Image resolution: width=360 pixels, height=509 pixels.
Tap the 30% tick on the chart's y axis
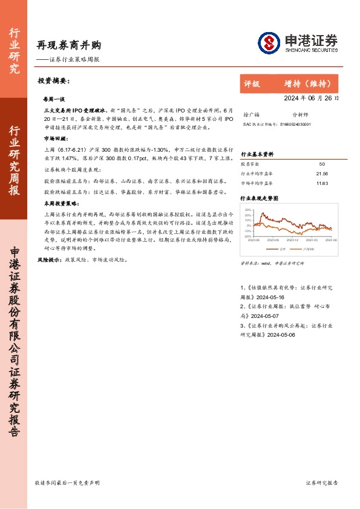pos(247,209)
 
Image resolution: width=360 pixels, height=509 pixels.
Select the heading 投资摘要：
pos(54,80)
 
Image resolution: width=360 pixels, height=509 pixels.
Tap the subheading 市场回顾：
pos(56,138)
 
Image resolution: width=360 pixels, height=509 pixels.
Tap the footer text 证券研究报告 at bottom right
pos(322,483)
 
